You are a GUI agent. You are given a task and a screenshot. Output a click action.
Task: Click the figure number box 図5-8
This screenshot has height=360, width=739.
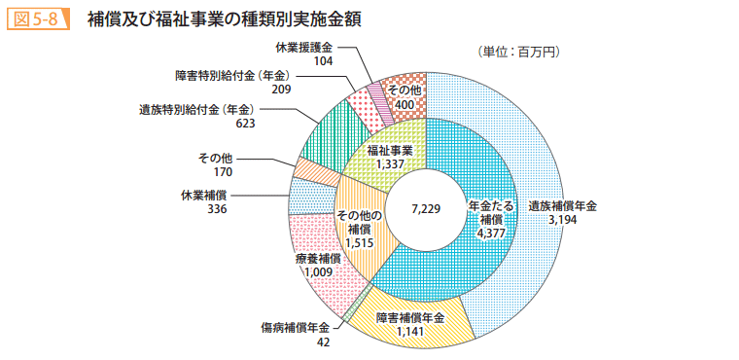36,19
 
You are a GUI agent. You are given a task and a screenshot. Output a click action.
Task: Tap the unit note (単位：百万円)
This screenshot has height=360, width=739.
512,51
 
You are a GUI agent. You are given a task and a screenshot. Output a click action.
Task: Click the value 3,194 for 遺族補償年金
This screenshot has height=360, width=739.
562,221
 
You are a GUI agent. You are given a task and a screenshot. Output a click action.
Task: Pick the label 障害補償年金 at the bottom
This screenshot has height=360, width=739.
410,317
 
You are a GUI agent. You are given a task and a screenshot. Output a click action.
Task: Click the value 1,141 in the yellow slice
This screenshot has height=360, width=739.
410,332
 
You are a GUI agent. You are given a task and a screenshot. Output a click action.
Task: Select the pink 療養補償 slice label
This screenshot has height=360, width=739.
318,258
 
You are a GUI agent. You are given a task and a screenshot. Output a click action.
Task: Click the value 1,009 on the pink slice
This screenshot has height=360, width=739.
318,272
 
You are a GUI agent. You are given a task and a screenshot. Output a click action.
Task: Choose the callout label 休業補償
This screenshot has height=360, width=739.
203,194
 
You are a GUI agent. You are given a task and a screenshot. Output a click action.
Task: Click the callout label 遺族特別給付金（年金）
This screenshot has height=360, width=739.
197,109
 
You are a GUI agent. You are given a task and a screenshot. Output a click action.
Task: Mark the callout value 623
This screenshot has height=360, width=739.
245,124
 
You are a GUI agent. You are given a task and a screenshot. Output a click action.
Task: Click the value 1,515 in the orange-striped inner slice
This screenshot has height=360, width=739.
361,241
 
